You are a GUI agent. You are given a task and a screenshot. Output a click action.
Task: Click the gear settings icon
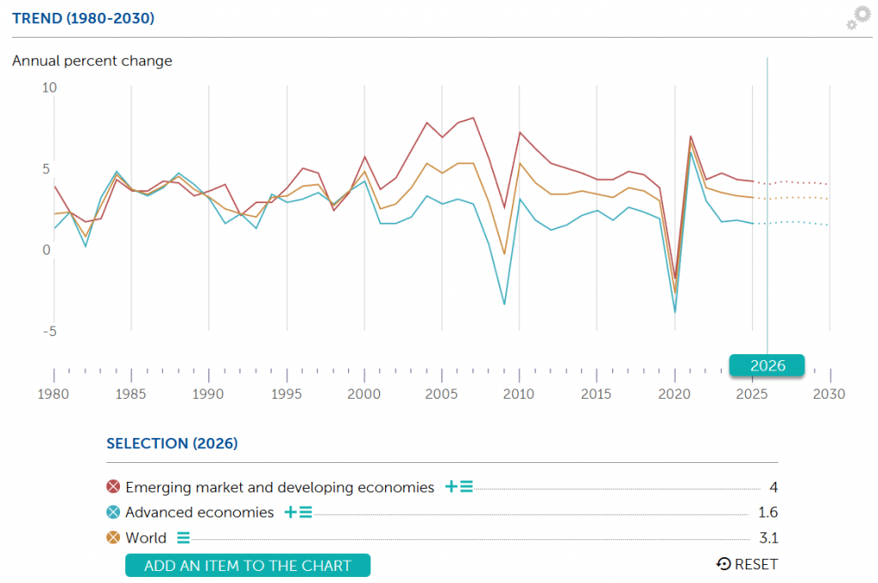(x=857, y=18)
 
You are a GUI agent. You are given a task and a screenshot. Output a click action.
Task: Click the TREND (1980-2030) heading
(x=83, y=18)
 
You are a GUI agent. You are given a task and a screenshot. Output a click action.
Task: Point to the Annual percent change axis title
(x=92, y=61)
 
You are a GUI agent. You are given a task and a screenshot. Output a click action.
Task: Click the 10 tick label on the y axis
(x=49, y=87)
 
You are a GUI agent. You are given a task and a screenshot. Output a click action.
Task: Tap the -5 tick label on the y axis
(x=49, y=331)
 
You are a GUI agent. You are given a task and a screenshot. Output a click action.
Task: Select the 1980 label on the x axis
(x=54, y=394)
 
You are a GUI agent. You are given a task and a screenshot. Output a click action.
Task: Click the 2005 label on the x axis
(x=442, y=394)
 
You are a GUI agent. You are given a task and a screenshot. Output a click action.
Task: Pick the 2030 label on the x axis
(x=829, y=394)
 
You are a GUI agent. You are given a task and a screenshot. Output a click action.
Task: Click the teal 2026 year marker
(x=767, y=365)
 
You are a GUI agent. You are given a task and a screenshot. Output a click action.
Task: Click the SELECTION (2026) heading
(x=171, y=443)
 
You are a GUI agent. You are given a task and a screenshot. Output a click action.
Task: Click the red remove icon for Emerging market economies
(x=113, y=487)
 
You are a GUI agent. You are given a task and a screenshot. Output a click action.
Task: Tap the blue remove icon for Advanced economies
(x=113, y=513)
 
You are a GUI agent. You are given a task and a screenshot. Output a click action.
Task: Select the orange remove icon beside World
(x=113, y=538)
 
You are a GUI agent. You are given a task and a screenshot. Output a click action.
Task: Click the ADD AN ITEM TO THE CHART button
(x=248, y=565)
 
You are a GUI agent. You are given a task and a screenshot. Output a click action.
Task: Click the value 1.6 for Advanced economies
(x=767, y=513)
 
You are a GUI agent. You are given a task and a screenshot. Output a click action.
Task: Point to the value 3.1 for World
(x=768, y=538)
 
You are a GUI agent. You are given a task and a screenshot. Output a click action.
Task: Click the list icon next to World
(x=183, y=538)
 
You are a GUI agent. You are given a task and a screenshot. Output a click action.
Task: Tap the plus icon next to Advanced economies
(x=291, y=513)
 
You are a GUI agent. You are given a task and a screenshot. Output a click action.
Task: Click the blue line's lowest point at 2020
(x=675, y=312)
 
